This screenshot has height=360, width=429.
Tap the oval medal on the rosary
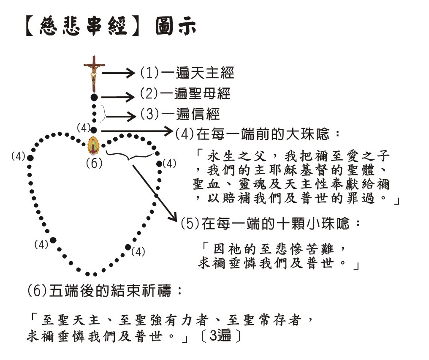coord(94,146)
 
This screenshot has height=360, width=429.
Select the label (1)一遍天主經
coord(187,73)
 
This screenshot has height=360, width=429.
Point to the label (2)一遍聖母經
coord(185,94)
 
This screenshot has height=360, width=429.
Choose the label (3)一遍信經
coord(180,114)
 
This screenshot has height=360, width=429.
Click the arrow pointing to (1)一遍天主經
coord(119,73)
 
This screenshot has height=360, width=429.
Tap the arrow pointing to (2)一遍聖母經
coord(118,97)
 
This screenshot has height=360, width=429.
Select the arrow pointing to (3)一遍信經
coord(121,117)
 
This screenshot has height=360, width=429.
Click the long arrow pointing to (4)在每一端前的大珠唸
coord(137,131)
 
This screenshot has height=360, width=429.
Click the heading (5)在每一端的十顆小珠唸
coord(271,224)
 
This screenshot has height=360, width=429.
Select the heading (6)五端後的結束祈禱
coord(105,291)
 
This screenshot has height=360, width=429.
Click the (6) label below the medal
coord(94,164)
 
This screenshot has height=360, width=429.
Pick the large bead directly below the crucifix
coord(94,97)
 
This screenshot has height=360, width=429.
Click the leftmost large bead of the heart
coord(30,158)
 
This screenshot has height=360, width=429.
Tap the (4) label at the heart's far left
coord(18,157)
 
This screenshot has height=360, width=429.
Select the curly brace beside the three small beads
coord(103,114)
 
